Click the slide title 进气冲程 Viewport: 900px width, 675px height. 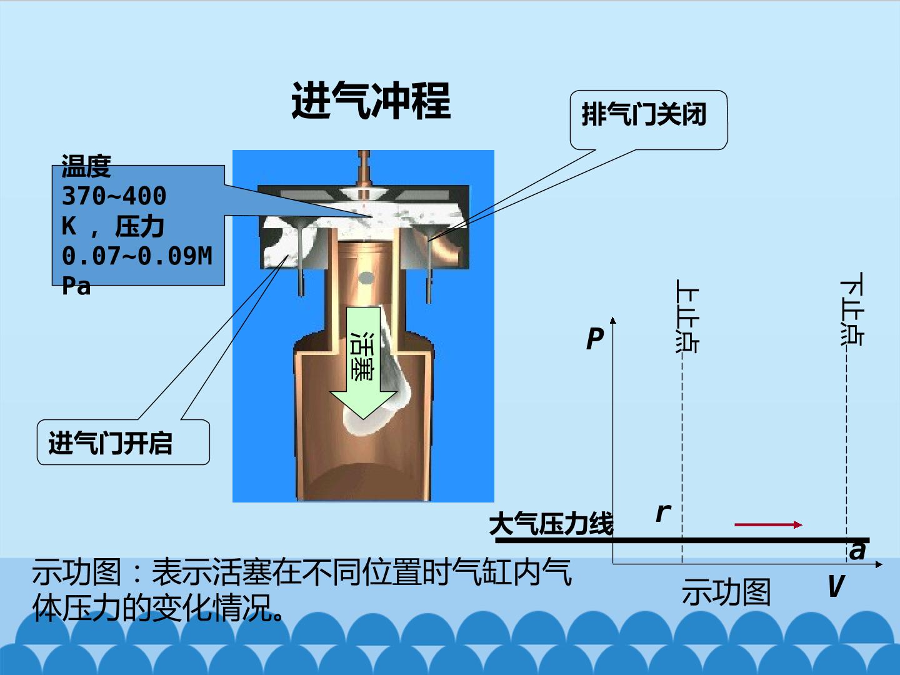point(371,101)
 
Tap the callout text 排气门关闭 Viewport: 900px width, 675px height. point(644,114)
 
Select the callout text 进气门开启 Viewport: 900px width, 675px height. point(110,443)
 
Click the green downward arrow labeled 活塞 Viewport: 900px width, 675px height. point(363,362)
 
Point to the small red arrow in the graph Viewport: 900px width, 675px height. point(768,524)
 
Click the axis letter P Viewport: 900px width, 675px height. point(594,339)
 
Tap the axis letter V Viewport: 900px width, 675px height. point(836,586)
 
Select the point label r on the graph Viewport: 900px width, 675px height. point(663,512)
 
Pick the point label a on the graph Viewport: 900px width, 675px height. point(857,551)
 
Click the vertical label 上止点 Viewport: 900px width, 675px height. point(687,316)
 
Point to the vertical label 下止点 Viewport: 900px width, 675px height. point(852,309)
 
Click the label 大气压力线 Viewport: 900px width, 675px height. point(551,524)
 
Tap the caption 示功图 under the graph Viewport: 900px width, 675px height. point(726,592)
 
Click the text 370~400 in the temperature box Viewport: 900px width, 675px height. point(114,196)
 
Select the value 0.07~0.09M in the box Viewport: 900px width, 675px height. point(137,256)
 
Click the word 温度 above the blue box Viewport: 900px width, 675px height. point(86,166)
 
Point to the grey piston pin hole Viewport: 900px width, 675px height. point(366,278)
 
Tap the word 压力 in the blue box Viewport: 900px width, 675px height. point(139,226)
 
